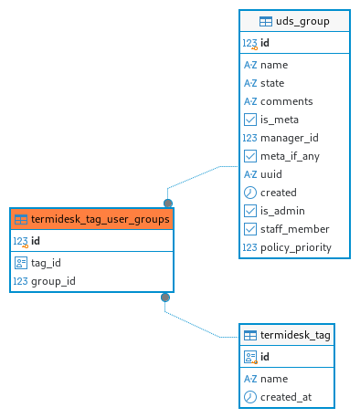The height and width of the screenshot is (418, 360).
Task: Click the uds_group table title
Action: click(302, 21)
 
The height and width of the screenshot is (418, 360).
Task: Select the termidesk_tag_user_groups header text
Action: click(101, 219)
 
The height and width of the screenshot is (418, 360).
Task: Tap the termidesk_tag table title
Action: click(295, 335)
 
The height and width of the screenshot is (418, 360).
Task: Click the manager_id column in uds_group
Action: click(290, 138)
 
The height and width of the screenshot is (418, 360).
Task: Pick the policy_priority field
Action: click(296, 247)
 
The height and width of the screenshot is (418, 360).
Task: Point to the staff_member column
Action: click(295, 229)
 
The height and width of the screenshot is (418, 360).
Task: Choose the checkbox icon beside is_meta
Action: click(250, 120)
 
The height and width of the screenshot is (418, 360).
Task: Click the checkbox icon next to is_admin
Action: click(250, 211)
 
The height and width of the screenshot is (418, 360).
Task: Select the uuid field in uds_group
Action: click(271, 174)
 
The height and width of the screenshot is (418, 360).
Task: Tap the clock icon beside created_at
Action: click(250, 397)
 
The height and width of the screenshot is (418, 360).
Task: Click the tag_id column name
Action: click(46, 263)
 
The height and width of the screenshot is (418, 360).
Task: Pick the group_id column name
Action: click(53, 281)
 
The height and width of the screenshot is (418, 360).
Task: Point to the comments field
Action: click(287, 101)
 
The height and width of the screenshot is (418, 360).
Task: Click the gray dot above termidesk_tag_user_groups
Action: click(168, 203)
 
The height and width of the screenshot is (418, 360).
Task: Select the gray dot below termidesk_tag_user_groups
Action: click(165, 298)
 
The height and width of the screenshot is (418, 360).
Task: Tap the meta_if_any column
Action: click(290, 156)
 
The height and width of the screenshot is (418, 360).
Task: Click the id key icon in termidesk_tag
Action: click(250, 357)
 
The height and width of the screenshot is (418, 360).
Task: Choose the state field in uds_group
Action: click(272, 83)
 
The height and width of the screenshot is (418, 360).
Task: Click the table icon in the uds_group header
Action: click(266, 22)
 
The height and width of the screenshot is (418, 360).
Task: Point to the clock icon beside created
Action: click(250, 193)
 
